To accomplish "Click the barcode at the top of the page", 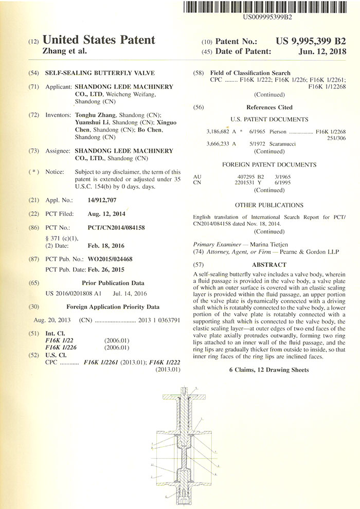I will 267,7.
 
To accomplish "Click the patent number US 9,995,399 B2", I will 311,41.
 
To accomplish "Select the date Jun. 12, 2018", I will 322,51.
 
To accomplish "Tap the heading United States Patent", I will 99,40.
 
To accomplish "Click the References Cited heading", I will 269,107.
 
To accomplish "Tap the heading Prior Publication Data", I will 113,283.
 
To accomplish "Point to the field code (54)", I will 34,74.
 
